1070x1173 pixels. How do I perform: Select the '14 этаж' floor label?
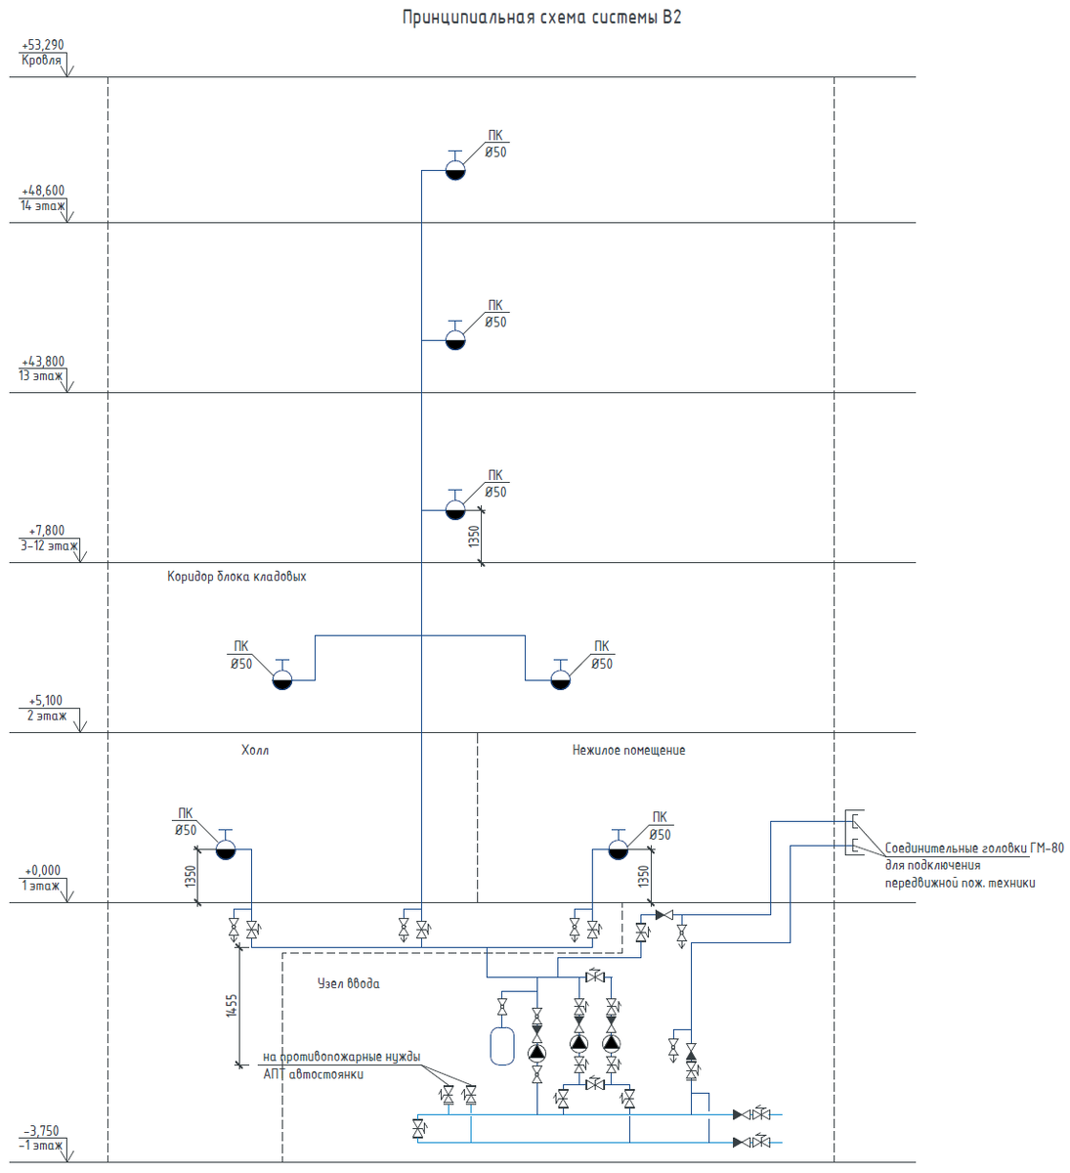(x=43, y=206)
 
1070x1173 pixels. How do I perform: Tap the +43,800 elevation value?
(x=43, y=362)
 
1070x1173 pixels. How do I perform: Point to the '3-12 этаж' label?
(x=49, y=546)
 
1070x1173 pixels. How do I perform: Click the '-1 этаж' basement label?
(x=41, y=1145)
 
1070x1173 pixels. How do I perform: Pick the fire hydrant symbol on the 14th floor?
(x=455, y=166)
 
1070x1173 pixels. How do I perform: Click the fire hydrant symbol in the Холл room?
(x=226, y=845)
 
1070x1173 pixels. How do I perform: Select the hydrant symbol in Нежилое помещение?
(x=618, y=845)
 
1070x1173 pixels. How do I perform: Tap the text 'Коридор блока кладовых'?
(x=236, y=577)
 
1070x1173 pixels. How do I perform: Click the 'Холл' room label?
(x=255, y=750)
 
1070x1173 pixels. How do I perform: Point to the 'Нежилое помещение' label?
(x=628, y=750)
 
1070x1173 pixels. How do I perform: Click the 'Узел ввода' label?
(x=349, y=983)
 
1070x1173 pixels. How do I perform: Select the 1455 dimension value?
(x=232, y=1005)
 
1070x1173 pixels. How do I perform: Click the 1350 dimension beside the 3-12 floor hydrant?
(x=474, y=537)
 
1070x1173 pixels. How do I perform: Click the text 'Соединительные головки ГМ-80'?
(x=974, y=847)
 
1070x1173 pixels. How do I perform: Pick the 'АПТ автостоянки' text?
(x=314, y=1074)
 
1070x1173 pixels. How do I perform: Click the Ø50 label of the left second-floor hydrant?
(x=241, y=664)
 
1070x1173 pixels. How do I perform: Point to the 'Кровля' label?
(x=41, y=61)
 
